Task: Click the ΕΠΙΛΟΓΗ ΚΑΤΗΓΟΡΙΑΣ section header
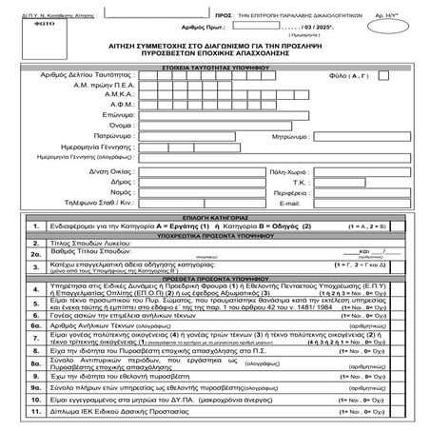pos(214,258)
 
